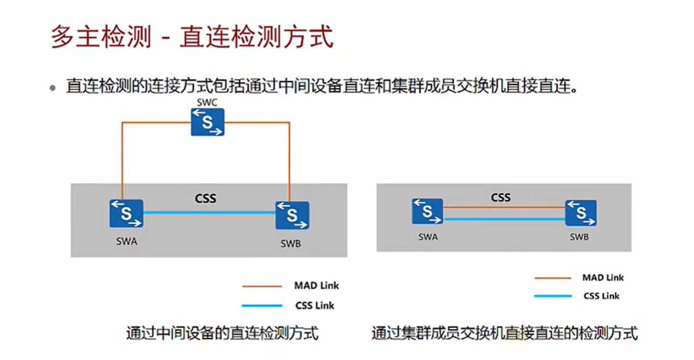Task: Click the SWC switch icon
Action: (207, 122)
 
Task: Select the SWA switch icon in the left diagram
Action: (127, 213)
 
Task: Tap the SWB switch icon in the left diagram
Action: (292, 215)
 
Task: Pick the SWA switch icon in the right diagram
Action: (427, 211)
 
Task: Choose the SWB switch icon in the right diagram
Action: (581, 213)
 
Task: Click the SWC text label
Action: (207, 102)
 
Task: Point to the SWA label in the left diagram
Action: (126, 242)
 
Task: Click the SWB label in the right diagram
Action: (579, 237)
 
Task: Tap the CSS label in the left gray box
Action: (206, 199)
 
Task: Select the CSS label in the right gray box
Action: (500, 198)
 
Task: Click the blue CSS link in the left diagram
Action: (210, 213)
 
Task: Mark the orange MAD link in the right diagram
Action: (504, 207)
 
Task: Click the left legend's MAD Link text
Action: (316, 285)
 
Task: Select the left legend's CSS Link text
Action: (315, 305)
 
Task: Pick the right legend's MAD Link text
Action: (603, 277)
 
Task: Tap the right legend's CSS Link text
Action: (602, 296)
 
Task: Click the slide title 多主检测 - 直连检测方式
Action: (192, 38)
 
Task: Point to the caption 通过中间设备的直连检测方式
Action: (222, 334)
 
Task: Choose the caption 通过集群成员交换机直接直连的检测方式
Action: (504, 334)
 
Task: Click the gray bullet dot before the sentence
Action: (53, 88)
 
